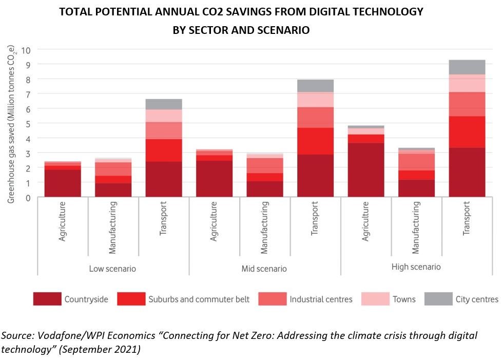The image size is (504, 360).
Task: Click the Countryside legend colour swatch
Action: pyautogui.click(x=47, y=299)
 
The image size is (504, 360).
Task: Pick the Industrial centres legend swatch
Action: pyautogui.click(x=272, y=299)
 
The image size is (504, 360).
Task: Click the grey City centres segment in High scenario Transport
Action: pyautogui.click(x=467, y=67)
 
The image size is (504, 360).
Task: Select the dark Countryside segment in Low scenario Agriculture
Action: pyautogui.click(x=63, y=183)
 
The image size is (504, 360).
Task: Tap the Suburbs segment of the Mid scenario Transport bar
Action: pyautogui.click(x=316, y=141)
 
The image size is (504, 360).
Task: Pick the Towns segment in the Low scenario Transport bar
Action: pyautogui.click(x=164, y=116)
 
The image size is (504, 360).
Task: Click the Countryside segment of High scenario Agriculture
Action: pyautogui.click(x=366, y=170)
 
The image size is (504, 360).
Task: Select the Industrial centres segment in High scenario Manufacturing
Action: pyautogui.click(x=416, y=162)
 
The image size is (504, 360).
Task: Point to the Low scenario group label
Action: pyautogui.click(x=112, y=269)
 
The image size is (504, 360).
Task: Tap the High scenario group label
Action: pyautogui.click(x=416, y=267)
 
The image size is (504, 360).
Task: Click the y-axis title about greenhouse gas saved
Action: pyautogui.click(x=11, y=123)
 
